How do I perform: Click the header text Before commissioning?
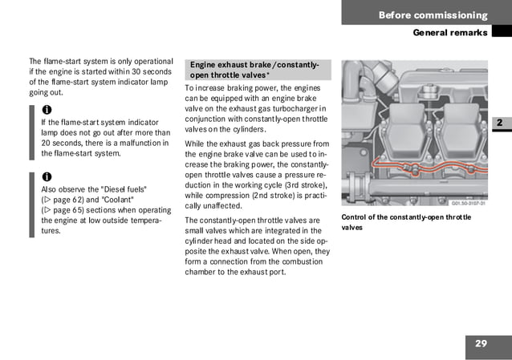433,15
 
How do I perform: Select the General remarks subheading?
449,33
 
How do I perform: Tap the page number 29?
481,344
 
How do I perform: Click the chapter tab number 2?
498,123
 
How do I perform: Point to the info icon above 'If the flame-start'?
46,109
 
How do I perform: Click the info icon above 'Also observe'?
46,176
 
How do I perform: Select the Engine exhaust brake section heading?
254,70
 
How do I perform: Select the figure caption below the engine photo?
406,222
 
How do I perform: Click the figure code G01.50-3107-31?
463,204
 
